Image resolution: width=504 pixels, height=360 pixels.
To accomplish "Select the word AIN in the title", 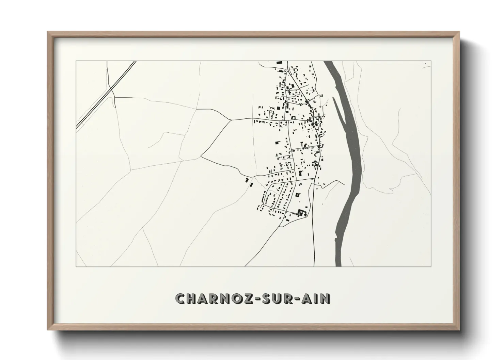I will [x=318, y=298].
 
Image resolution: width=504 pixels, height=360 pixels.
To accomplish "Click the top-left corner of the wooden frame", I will [x=48, y=32].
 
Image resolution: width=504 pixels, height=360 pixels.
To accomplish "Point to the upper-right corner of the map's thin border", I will [x=431, y=61].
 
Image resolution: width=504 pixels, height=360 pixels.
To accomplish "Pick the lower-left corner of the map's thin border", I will [x=76, y=266].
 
